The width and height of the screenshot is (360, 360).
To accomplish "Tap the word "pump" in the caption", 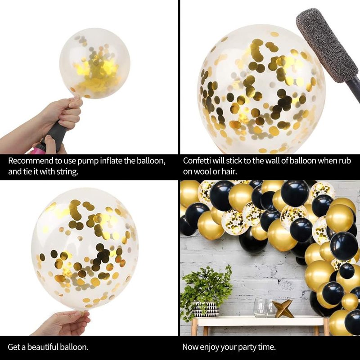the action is point(88,161).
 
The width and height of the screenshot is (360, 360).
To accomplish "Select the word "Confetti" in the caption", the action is point(196,161).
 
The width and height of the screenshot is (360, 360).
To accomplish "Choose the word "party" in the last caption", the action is point(247,347).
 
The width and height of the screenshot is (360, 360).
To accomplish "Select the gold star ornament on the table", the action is point(283,308).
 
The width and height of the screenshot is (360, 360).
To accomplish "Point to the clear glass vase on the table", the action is point(260,308).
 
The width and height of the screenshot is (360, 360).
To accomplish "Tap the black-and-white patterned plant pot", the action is point(206,309).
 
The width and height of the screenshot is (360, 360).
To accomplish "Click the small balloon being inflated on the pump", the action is point(95,63).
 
